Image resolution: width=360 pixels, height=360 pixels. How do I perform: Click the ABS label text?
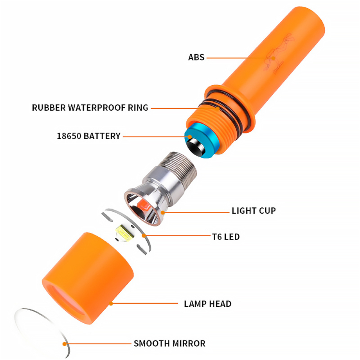coord(196,58)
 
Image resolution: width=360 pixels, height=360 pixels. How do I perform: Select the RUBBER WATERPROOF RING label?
coord(90,108)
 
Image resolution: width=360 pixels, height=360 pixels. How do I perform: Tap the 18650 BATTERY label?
coord(88,136)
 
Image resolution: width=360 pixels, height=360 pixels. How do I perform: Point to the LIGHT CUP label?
coord(254,211)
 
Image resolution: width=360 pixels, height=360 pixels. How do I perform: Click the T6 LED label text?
coord(225,237)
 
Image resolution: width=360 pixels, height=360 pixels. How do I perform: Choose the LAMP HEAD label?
coord(207,304)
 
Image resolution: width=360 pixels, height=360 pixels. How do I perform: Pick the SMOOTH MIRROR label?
coord(169,344)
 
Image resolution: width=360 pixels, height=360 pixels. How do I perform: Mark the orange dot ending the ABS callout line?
coord(274,58)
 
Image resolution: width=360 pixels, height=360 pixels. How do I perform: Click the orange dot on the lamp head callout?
coord(111,303)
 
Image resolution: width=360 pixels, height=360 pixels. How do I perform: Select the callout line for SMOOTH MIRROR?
coord(98,344)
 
